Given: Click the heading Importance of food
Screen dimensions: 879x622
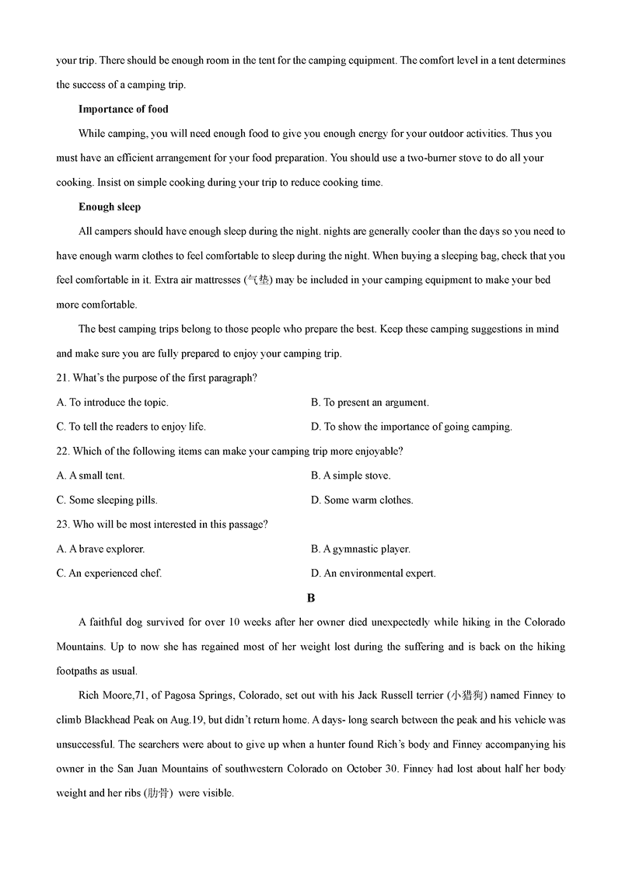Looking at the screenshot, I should pos(124,109).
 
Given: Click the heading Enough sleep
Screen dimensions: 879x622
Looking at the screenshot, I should pos(110,207).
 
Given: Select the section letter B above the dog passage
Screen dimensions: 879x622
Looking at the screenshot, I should pos(311,598).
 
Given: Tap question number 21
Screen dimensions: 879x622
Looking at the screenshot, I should pos(63,378).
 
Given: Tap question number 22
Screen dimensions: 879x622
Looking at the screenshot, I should pos(63,451).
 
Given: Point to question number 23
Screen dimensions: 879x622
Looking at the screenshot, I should pos(63,525).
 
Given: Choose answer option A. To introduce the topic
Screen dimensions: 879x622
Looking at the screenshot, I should pos(113,403).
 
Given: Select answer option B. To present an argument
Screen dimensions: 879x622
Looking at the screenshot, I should pos(370,403).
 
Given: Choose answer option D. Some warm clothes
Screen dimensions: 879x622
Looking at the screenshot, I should pos(362,501).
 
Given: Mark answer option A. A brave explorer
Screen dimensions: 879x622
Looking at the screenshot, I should pos(101,549).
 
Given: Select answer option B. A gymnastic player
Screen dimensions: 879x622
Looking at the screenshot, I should pos(361,549).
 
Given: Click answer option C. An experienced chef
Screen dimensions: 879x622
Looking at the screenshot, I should pos(110,574).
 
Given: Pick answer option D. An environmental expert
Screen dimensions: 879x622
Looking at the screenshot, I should pos(373,574).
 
